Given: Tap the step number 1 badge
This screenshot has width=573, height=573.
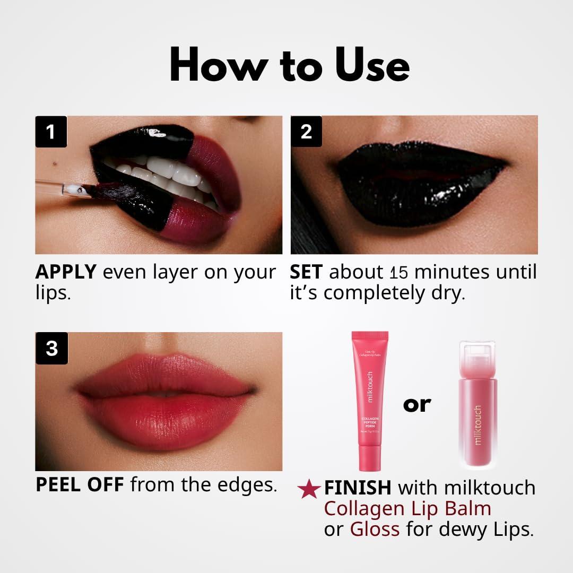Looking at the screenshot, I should [51, 132].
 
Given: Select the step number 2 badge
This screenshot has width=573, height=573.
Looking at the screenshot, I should [306, 132].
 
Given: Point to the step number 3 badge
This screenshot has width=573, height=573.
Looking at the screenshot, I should [51, 349].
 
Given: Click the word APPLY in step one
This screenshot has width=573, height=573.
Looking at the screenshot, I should [66, 272].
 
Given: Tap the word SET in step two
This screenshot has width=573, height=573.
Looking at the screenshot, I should [306, 272].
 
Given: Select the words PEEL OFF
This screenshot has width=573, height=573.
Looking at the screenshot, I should [80, 485].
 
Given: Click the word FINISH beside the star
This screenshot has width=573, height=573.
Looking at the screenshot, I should [358, 488].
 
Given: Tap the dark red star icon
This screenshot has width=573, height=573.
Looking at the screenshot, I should [308, 489].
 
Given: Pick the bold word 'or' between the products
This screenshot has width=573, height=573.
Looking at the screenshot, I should [417, 404].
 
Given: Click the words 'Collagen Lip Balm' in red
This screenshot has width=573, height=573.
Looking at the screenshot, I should [407, 509].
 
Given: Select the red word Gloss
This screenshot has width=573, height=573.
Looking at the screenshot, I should [375, 529].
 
